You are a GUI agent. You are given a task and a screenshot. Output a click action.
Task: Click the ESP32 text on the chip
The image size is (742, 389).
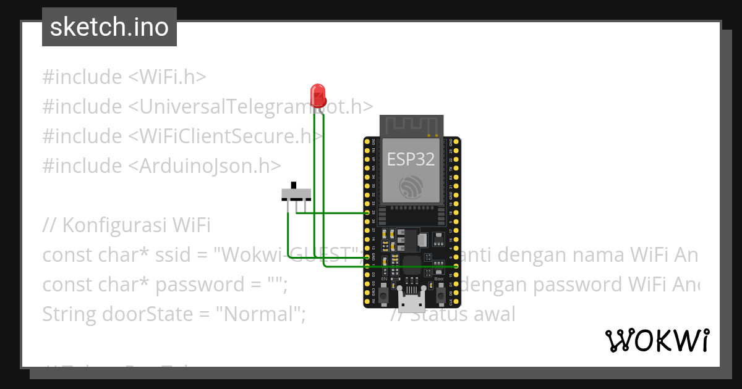tap(411, 159)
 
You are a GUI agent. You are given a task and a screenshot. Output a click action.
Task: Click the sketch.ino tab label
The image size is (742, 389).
tap(109, 27)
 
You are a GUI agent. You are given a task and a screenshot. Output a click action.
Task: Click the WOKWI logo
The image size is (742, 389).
tap(657, 340)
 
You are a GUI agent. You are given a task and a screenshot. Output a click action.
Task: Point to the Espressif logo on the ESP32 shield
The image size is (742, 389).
tap(411, 186)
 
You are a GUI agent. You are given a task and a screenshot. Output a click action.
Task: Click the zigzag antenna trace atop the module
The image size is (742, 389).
tap(411, 126)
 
